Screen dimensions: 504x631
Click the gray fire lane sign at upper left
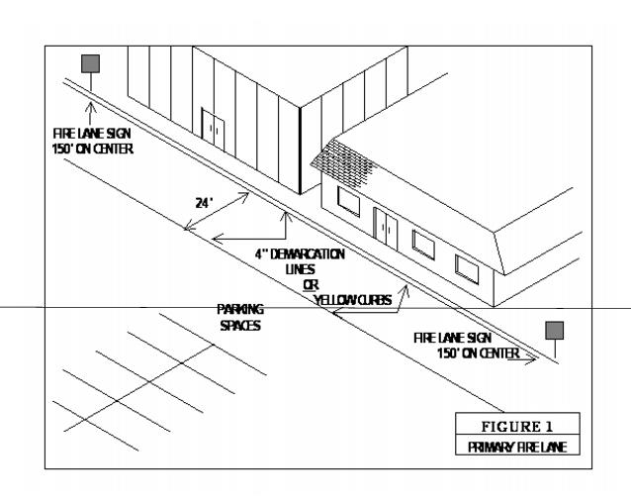tap(90, 64)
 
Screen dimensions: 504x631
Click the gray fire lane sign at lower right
tap(556, 330)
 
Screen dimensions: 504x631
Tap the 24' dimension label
tap(205, 202)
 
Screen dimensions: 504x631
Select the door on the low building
tap(386, 230)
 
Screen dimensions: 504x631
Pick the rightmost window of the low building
tap(466, 265)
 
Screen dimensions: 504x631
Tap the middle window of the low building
tap(422, 243)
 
